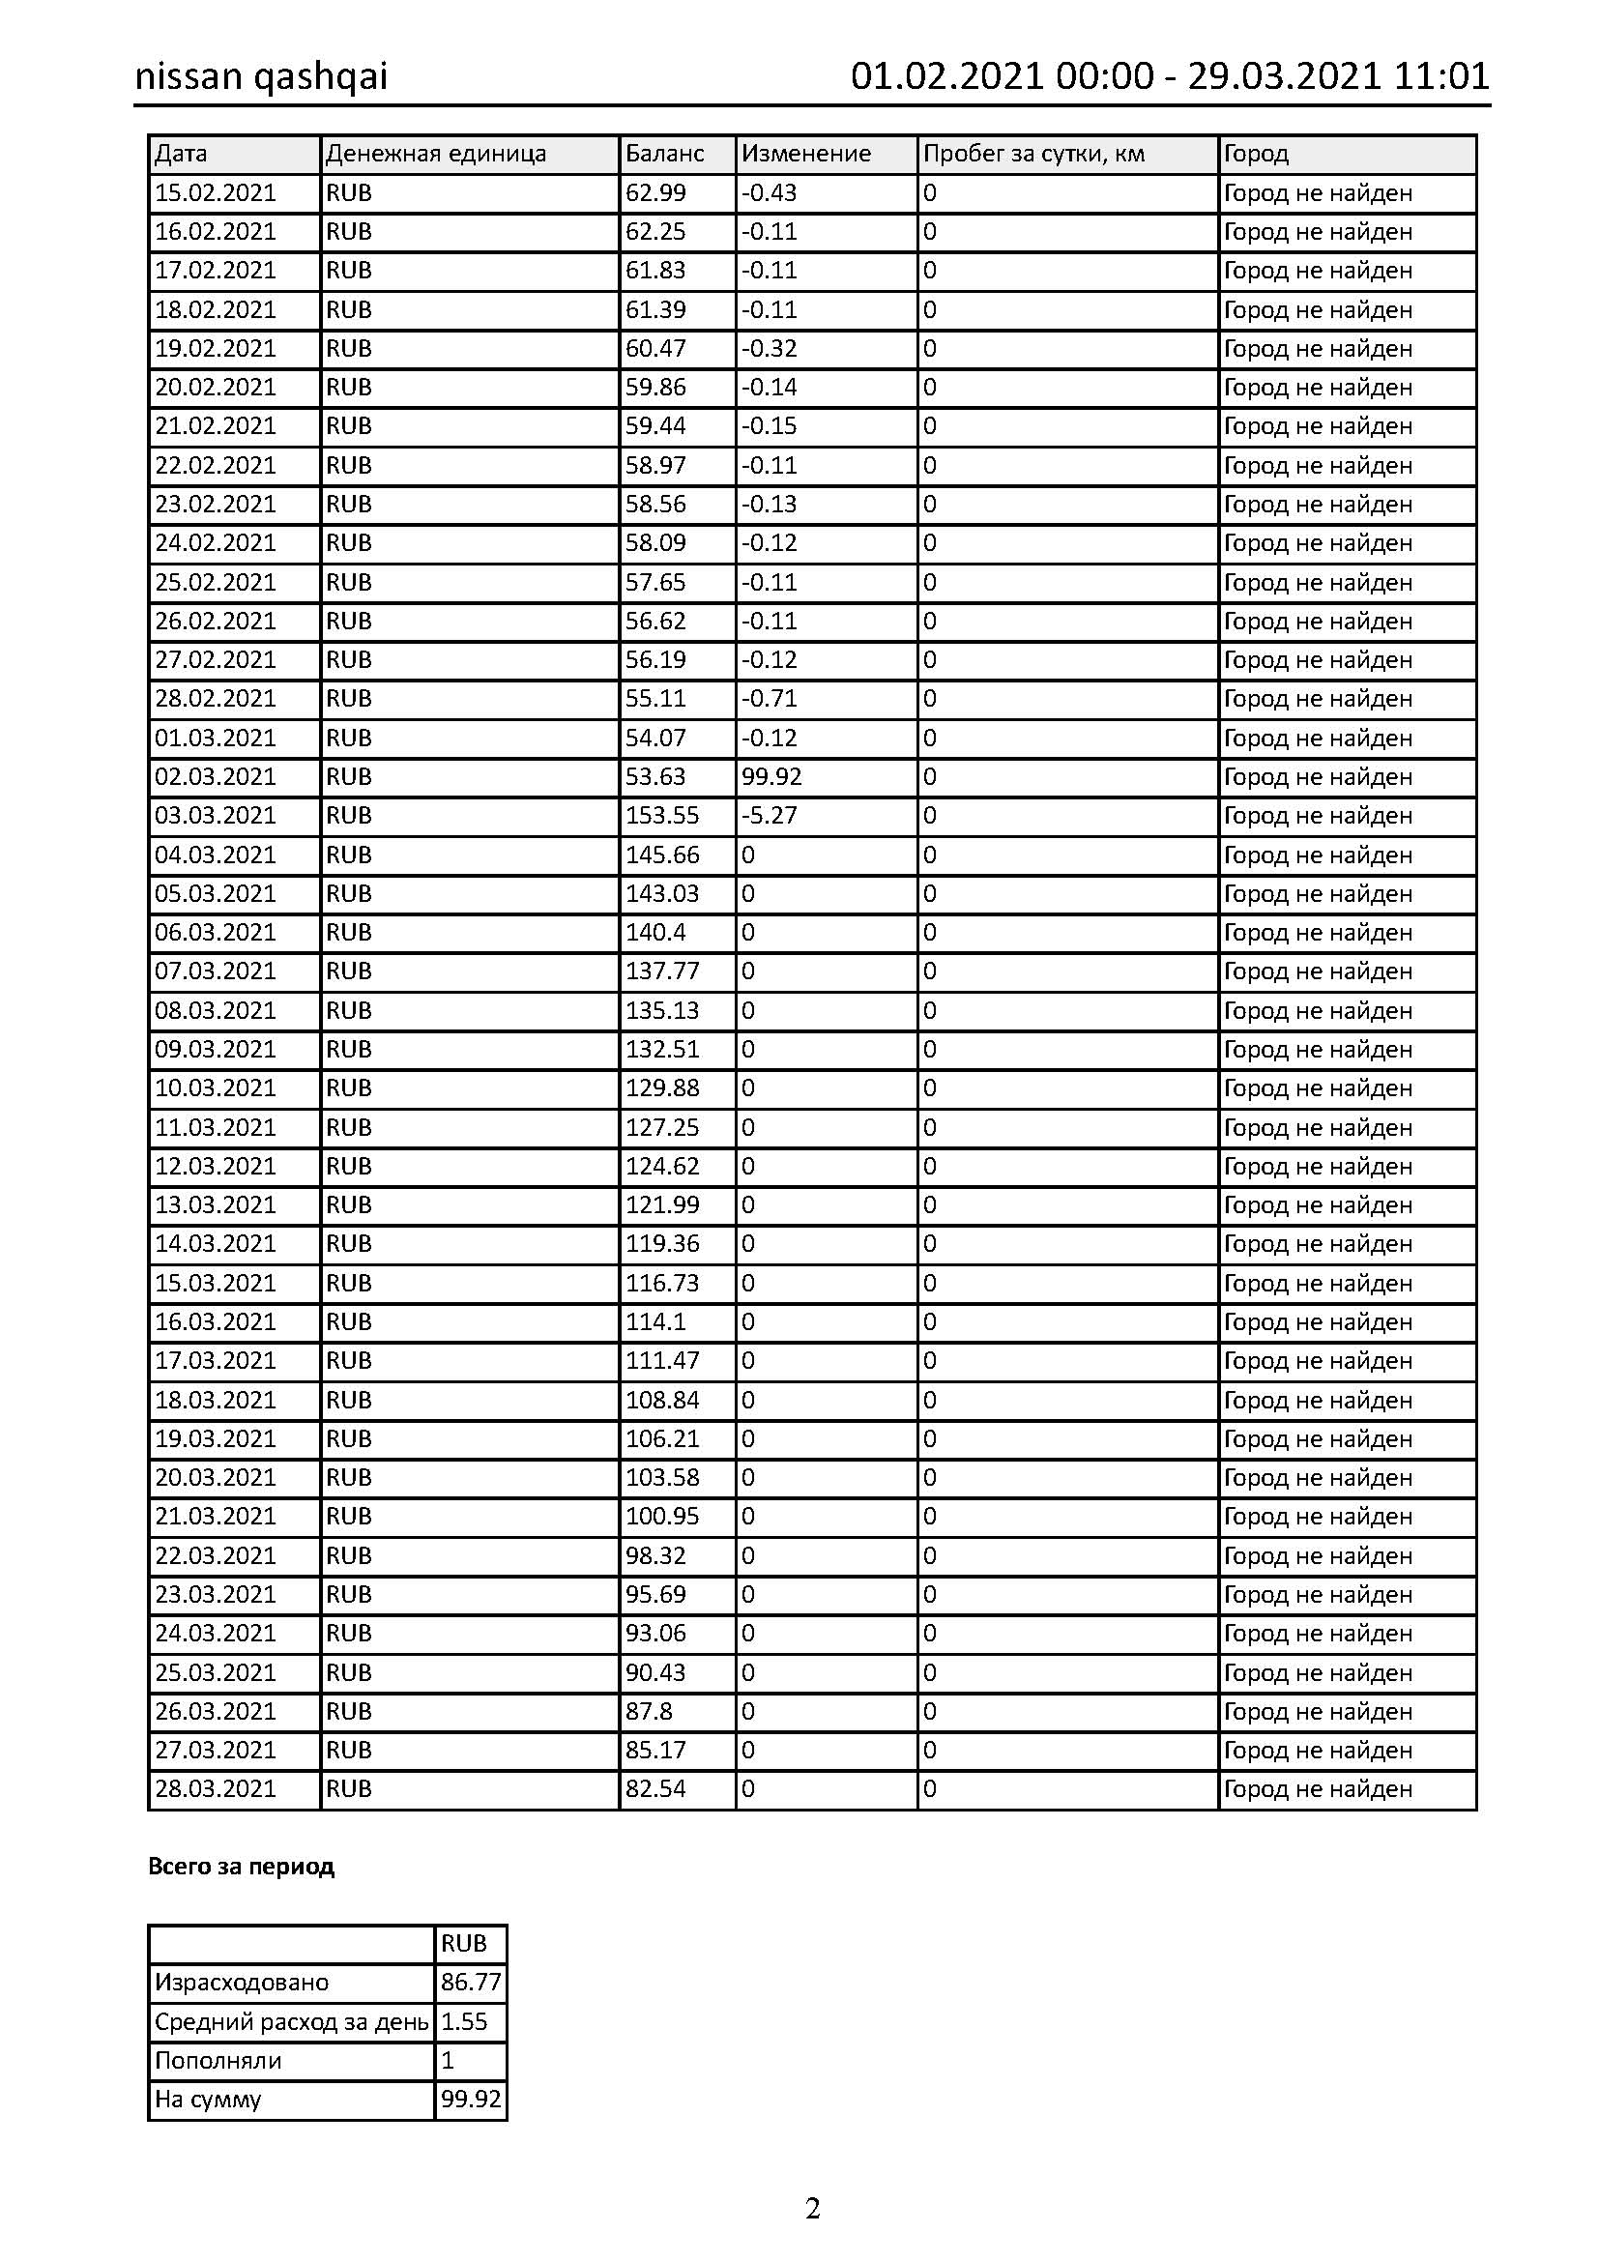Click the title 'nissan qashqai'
click(261, 76)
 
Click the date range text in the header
click(1169, 76)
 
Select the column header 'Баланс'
click(664, 154)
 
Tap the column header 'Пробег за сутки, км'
click(1033, 154)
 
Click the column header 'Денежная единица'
click(435, 154)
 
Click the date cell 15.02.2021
click(216, 193)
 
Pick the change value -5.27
click(769, 816)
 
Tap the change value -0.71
click(769, 698)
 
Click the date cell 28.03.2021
click(216, 1789)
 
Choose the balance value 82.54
click(654, 1789)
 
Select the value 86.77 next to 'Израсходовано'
click(471, 1983)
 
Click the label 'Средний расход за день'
click(291, 2021)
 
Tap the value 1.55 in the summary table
click(464, 2021)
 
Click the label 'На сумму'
click(208, 2100)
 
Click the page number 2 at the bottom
click(812, 2209)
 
